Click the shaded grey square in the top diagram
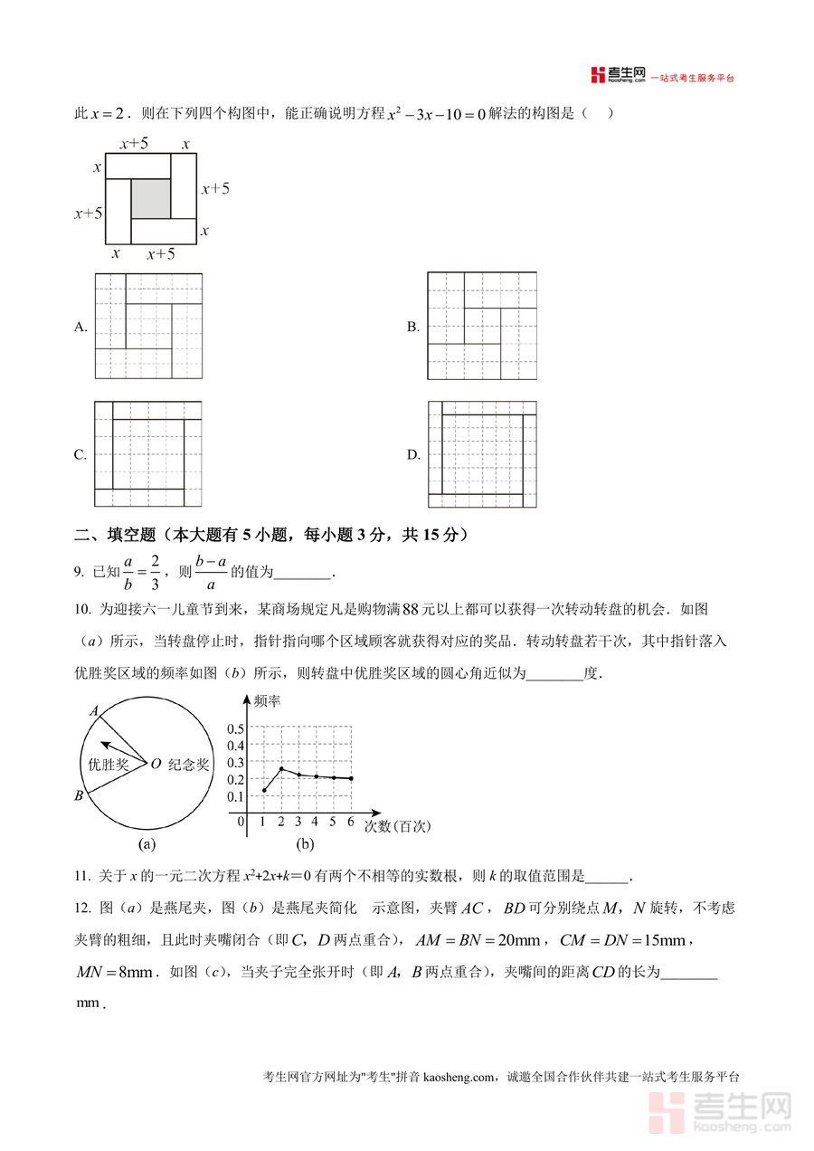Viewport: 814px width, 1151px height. point(151,198)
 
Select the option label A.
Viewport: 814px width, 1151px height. point(80,327)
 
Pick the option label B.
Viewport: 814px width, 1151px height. point(413,327)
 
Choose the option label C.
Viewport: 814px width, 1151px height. point(80,454)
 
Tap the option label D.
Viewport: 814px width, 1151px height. point(413,454)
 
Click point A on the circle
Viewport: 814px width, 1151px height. point(93,712)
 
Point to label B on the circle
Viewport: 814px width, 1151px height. point(79,795)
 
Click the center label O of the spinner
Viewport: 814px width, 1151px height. point(156,764)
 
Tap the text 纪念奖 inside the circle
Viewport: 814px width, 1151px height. point(189,764)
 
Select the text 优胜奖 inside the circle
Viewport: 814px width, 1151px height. point(108,764)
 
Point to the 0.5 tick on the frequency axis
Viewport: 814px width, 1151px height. point(235,728)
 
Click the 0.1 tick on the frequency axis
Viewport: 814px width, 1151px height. point(235,796)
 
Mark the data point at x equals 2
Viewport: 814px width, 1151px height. point(281,769)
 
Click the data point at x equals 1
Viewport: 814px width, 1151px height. point(264,791)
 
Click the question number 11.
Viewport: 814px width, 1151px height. point(82,876)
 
